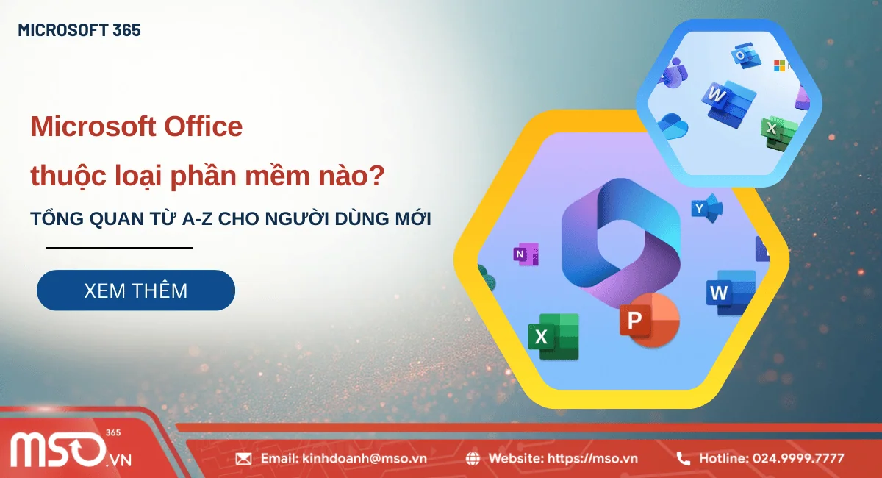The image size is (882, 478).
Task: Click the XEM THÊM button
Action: point(136,290)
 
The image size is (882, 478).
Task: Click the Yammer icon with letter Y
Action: point(706,209)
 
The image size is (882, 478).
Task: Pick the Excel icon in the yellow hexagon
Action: point(553,336)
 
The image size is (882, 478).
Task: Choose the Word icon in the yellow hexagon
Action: point(730,293)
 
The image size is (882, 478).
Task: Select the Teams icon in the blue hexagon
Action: point(673,74)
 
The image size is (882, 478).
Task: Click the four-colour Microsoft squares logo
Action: point(779,66)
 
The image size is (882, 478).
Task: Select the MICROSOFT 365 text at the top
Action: point(79,31)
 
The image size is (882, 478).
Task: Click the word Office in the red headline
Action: point(201,127)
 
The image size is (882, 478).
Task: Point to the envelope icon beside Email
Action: point(243,459)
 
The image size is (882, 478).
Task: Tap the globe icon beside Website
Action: point(474,459)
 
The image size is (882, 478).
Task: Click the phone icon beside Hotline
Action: point(683,459)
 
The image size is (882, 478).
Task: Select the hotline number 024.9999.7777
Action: point(798,459)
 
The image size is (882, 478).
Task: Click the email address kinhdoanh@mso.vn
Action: point(364,459)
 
